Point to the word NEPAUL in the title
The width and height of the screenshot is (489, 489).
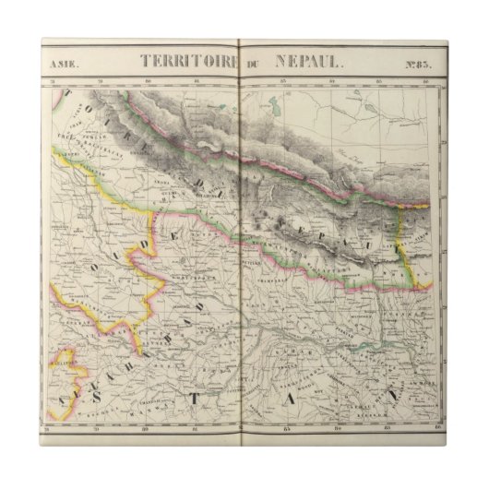coord(306,62)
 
